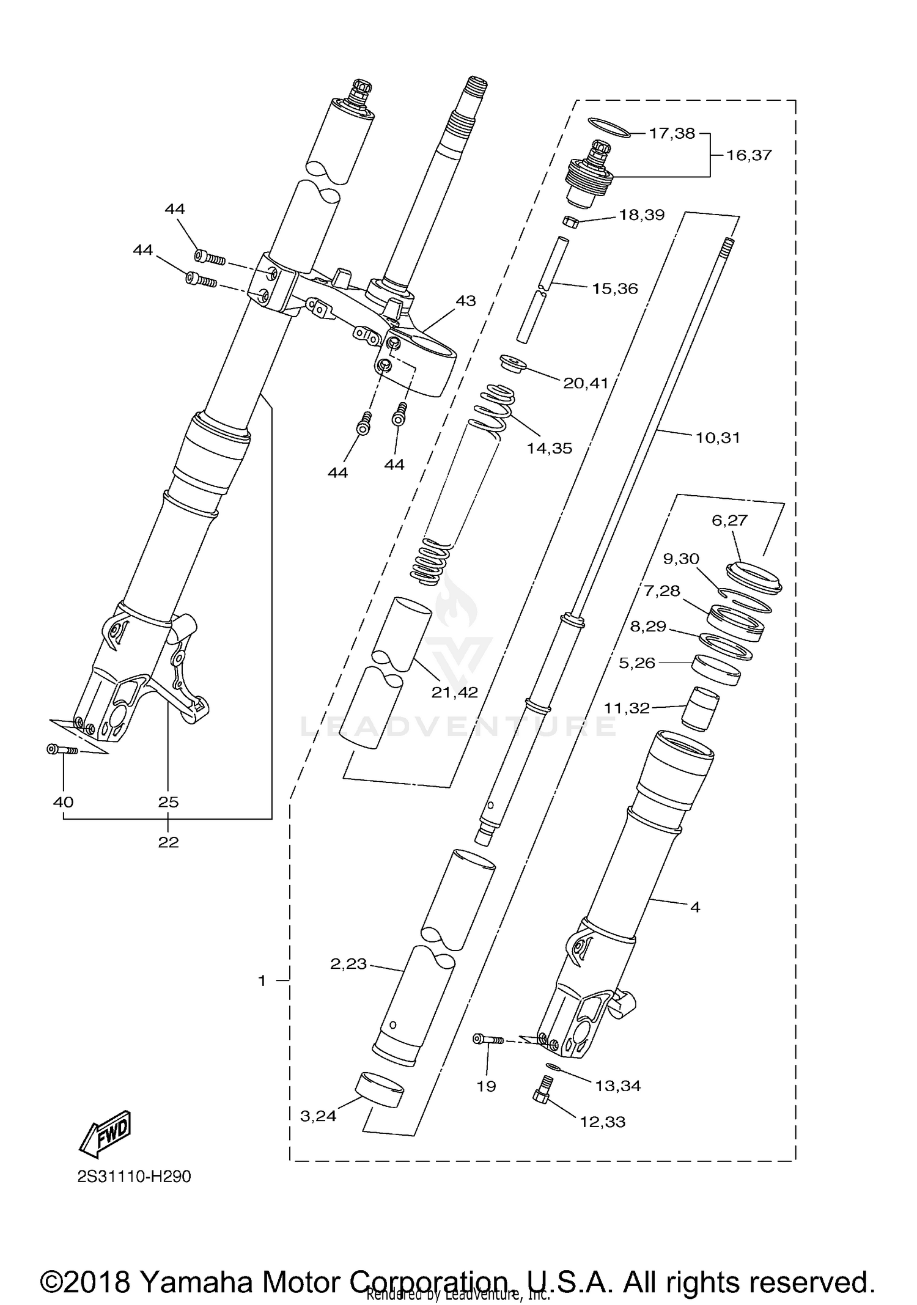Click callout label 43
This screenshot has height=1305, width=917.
coord(466,300)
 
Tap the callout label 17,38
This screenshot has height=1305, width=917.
coord(672,133)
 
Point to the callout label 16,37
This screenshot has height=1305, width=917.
coord(749,155)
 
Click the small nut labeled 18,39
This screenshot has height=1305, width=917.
coord(570,221)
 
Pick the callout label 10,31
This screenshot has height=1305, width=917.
coord(717,438)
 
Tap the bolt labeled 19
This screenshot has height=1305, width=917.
coord(488,1038)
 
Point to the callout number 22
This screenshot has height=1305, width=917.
coord(168,842)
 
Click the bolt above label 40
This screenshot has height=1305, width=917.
coord(62,749)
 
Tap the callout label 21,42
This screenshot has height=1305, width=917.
coord(454,692)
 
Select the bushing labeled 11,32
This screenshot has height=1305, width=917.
coord(701,708)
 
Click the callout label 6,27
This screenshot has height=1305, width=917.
coord(729,520)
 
